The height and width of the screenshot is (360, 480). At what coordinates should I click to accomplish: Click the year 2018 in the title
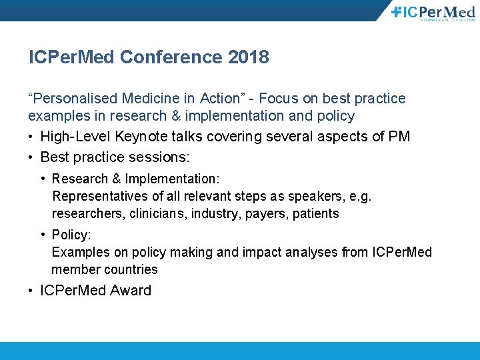coord(248,57)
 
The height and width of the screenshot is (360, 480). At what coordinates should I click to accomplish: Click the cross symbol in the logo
coord(397,11)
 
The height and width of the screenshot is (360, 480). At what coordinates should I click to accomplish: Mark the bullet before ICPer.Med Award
coord(31,291)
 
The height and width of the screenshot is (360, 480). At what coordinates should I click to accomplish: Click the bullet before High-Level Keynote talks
coord(31,137)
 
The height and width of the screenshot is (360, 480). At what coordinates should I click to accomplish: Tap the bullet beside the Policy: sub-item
coord(43,235)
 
